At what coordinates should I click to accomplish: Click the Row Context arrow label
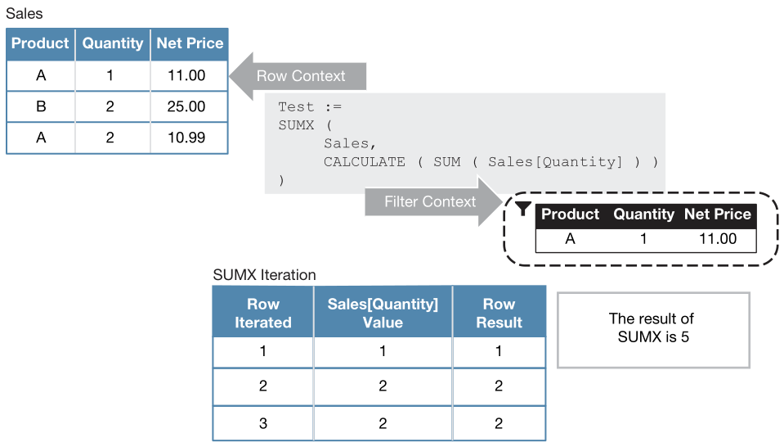301,76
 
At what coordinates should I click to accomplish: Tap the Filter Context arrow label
430,201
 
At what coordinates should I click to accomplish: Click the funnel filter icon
524,210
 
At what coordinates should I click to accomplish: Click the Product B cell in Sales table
41,106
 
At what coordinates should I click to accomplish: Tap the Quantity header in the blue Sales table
113,43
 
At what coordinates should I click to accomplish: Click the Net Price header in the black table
717,214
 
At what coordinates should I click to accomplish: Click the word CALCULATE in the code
364,161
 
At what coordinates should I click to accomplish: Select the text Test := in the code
309,107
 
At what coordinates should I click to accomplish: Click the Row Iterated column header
262,313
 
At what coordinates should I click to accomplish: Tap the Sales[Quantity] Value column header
383,313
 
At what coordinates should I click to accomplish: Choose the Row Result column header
499,313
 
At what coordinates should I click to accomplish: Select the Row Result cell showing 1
499,352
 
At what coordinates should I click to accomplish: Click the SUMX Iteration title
264,275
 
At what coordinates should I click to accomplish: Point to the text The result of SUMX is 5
652,327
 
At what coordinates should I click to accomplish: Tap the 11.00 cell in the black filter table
717,239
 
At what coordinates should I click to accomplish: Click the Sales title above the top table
24,14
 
